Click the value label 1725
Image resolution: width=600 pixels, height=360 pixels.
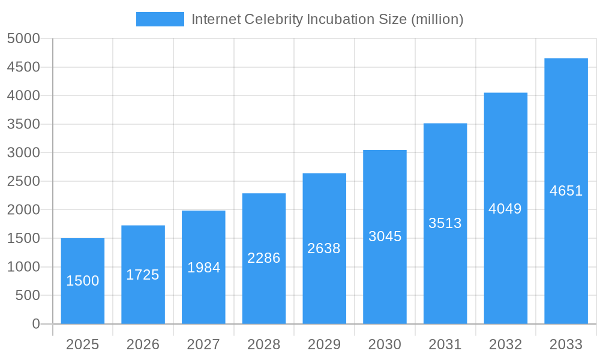click(x=143, y=275)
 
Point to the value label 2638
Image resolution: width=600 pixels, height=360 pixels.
click(x=324, y=248)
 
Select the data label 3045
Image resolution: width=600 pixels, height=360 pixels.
click(x=385, y=236)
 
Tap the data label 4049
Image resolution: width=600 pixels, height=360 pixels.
click(x=505, y=209)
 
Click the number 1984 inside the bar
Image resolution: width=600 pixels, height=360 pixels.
click(x=203, y=268)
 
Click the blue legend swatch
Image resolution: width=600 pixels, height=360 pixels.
click(x=160, y=19)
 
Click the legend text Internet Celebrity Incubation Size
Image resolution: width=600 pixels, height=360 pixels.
click(x=327, y=19)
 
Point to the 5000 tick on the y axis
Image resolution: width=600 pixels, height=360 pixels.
click(x=23, y=38)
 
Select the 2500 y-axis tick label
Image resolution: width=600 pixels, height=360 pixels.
click(x=23, y=181)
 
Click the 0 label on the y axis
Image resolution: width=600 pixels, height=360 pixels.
click(x=35, y=324)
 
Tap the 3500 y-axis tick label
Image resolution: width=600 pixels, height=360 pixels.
click(x=23, y=124)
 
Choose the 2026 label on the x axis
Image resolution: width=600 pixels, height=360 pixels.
click(x=143, y=344)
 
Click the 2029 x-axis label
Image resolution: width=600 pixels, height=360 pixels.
click(x=324, y=344)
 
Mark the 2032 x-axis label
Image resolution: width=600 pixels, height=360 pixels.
click(x=505, y=344)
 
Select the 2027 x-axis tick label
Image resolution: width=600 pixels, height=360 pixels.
click(x=203, y=344)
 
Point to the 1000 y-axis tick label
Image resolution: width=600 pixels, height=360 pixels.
click(x=23, y=267)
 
